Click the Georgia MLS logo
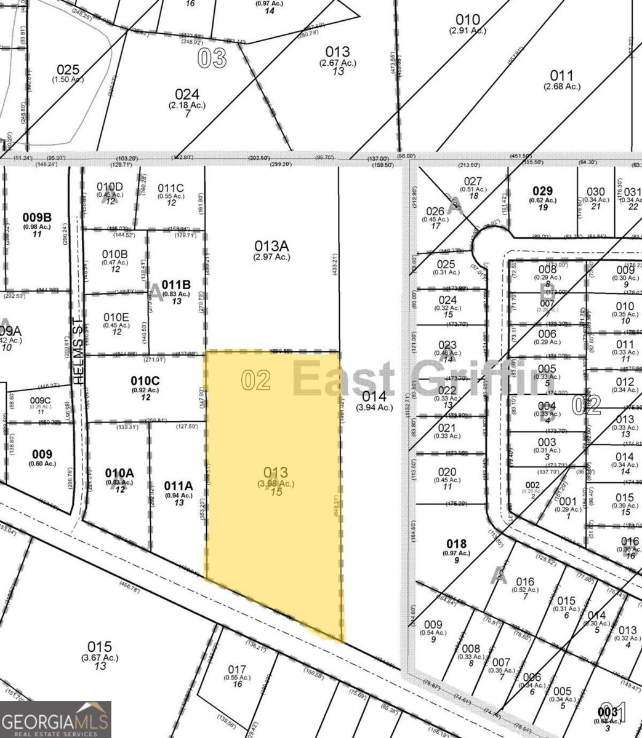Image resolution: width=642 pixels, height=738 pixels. (55, 720)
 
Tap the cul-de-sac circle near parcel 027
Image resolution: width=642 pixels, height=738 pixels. (489, 245)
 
